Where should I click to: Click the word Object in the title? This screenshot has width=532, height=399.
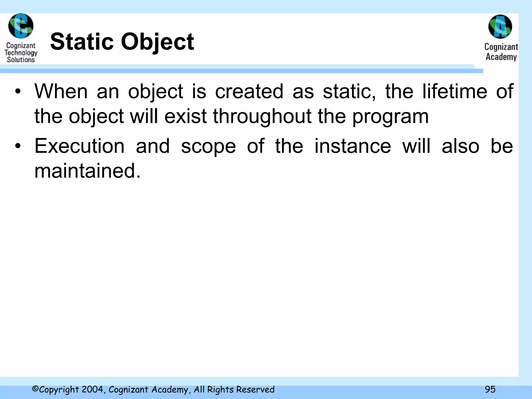coord(157,42)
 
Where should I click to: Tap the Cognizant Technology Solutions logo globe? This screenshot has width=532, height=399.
coord(21,26)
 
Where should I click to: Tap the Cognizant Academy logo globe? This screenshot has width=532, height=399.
coord(500,26)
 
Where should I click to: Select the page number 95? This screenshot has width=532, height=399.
coord(490,389)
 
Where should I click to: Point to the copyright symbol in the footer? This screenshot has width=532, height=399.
coord(35,389)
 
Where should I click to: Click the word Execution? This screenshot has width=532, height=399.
coord(79,146)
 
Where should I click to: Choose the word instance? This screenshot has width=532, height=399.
coord(353,146)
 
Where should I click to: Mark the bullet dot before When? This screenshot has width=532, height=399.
coord(18,91)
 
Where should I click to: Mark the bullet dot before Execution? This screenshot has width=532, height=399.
coord(18,146)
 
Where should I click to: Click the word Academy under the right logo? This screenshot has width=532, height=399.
coord(501,57)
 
